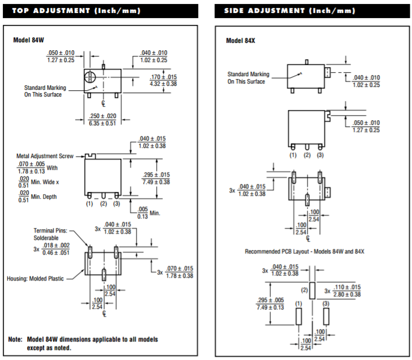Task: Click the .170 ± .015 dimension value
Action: [x=163, y=77]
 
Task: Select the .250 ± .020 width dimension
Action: [x=103, y=116]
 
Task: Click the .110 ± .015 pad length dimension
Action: [x=347, y=287]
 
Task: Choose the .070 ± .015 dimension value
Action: [x=179, y=269]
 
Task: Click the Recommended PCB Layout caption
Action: [x=304, y=251]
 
